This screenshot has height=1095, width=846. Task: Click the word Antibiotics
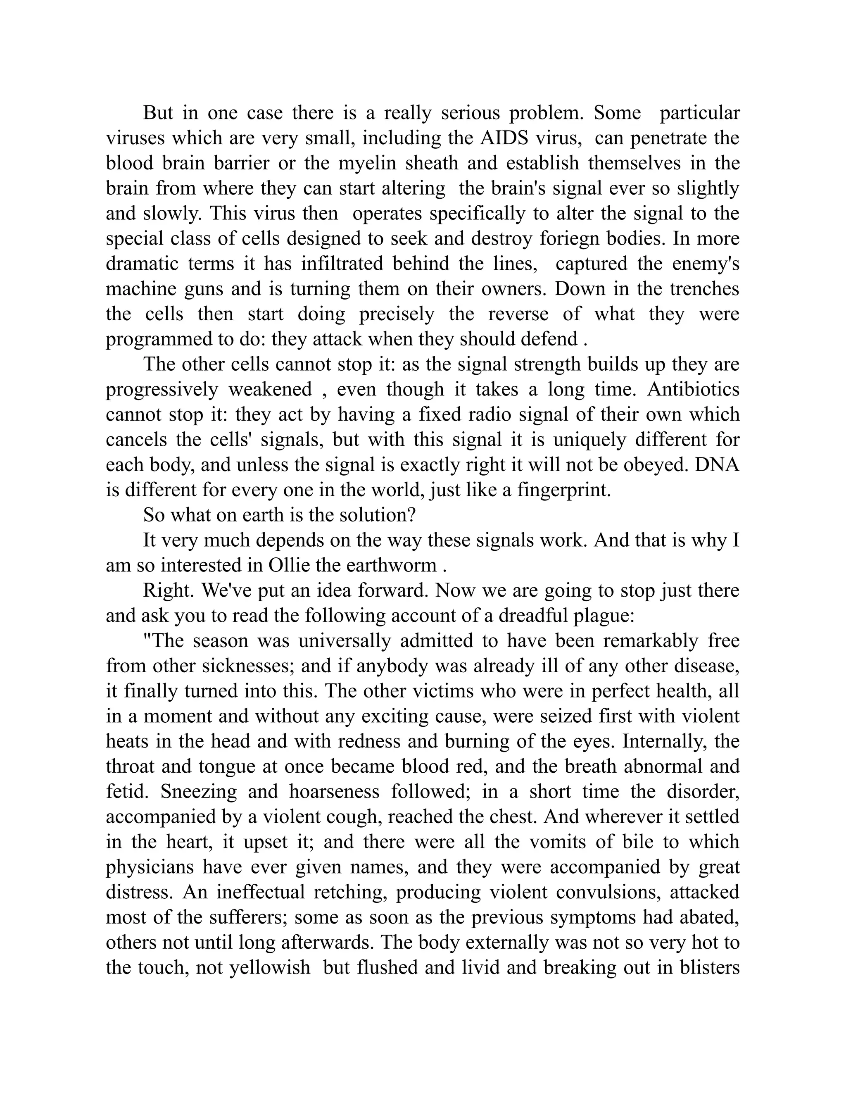click(693, 390)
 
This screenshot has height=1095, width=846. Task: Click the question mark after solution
click(413, 515)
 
